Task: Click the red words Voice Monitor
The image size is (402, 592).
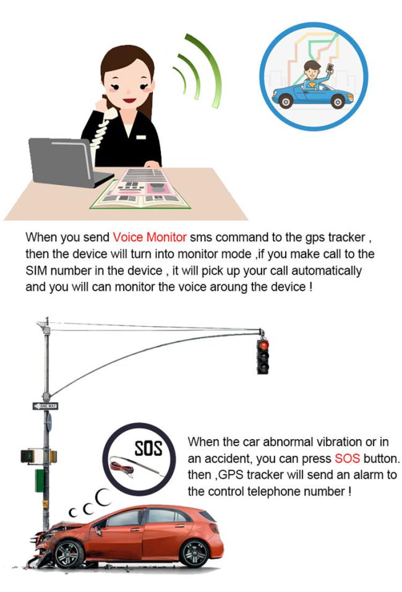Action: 150,237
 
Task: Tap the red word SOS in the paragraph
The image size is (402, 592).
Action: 347,458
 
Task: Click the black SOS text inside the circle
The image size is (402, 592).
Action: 148,448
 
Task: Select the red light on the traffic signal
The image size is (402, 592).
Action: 263,345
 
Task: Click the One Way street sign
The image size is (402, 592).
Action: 45,406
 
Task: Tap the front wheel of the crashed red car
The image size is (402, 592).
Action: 69,554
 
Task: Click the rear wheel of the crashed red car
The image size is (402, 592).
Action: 194,553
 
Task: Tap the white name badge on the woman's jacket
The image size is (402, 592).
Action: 141,137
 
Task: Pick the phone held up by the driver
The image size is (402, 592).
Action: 330,68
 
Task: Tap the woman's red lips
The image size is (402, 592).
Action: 129,101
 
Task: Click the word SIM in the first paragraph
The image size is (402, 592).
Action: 36,270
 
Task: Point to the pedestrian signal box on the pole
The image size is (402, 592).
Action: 28,457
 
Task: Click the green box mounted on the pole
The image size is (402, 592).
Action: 40,481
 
